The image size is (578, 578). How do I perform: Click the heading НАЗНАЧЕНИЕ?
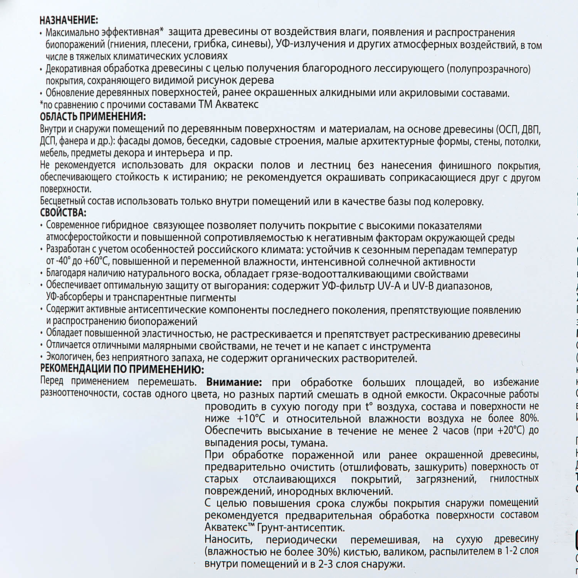tap(69, 20)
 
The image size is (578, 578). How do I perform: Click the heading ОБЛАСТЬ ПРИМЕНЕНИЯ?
tap(93, 116)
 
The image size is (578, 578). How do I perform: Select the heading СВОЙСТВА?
tap(63, 213)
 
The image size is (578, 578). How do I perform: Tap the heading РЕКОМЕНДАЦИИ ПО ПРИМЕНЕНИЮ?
tap(122, 369)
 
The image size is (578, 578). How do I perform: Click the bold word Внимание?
tap(234, 382)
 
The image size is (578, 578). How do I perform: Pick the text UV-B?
tap(423, 286)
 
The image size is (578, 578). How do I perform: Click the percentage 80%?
tap(529, 418)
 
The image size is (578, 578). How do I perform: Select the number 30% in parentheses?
tap(328, 552)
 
